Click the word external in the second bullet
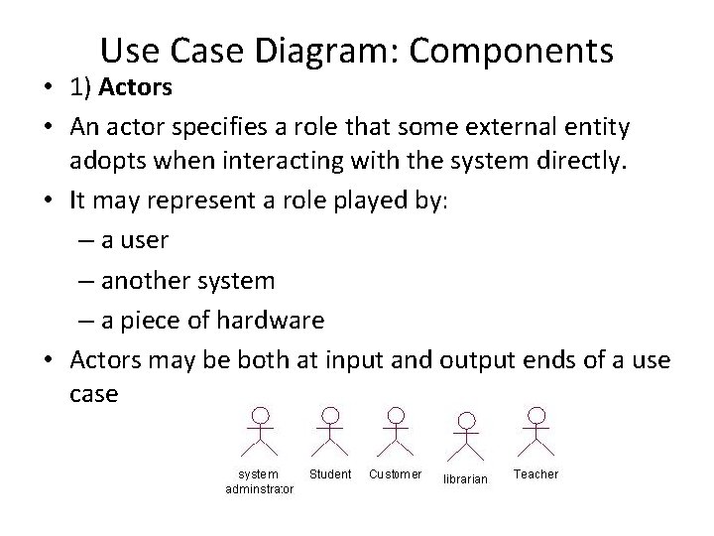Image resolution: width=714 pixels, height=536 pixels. (x=504, y=127)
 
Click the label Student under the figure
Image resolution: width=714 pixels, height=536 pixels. (x=330, y=474)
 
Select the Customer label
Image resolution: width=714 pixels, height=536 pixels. (x=396, y=474)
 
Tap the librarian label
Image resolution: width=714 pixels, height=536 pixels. (x=465, y=479)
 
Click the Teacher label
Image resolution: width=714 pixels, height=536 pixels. (x=535, y=474)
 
